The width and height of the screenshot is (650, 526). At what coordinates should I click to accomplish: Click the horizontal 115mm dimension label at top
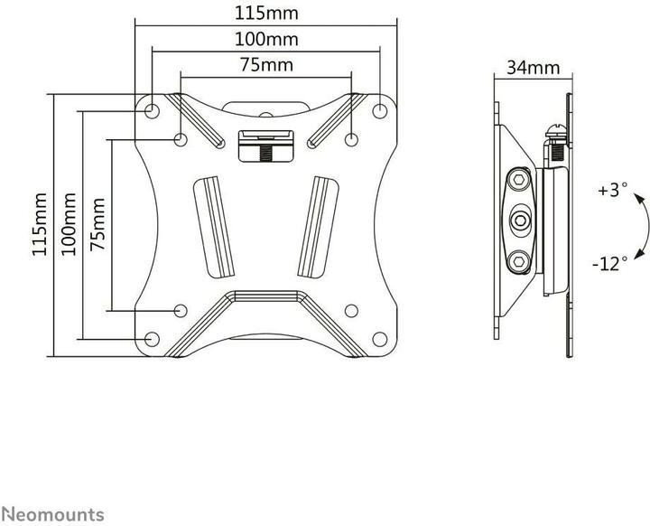[265, 14]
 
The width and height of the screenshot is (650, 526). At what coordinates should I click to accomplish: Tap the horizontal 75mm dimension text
[265, 66]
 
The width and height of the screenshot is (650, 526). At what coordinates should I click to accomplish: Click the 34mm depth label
[533, 68]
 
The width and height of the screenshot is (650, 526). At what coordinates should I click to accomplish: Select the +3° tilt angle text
[610, 192]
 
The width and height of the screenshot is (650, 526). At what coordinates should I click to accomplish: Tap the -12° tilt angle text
[609, 264]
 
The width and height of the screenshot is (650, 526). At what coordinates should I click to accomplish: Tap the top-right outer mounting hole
[380, 110]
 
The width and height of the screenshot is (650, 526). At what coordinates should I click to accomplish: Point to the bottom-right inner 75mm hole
[352, 311]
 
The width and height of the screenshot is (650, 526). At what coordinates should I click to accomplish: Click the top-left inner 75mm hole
[181, 139]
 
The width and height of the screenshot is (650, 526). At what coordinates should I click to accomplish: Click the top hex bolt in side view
[522, 180]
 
